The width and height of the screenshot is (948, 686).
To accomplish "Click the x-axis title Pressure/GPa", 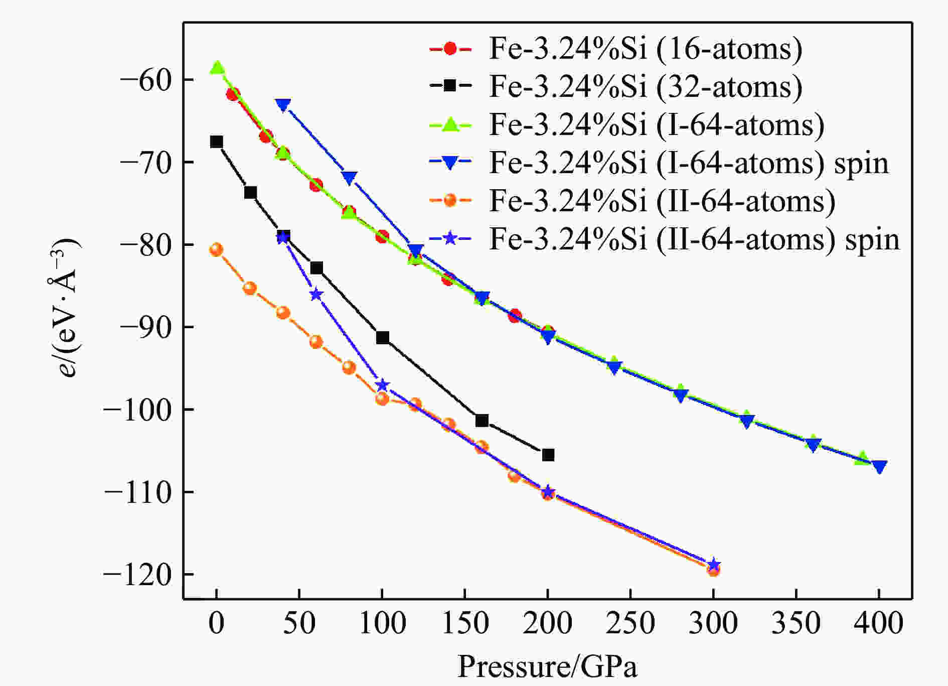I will point(547,667).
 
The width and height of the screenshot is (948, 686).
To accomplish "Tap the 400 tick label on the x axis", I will point(879,624).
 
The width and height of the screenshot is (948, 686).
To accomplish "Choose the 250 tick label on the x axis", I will point(630,624).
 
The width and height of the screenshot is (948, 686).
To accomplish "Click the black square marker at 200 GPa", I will point(548,455).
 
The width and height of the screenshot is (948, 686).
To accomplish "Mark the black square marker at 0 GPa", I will point(216,142).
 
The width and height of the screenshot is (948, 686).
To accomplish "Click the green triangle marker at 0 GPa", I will point(217,67).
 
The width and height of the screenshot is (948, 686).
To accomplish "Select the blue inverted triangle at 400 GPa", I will point(879,467).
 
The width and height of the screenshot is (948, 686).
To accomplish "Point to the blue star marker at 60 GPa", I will point(315,295).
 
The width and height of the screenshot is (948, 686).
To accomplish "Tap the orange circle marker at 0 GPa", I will point(216,249).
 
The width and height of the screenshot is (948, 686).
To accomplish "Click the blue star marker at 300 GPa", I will point(713,564).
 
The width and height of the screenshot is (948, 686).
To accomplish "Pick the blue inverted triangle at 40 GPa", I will point(283,105).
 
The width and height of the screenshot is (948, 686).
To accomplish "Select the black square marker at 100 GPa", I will point(382,338).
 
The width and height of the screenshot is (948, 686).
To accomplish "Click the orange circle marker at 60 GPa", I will point(316,342).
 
